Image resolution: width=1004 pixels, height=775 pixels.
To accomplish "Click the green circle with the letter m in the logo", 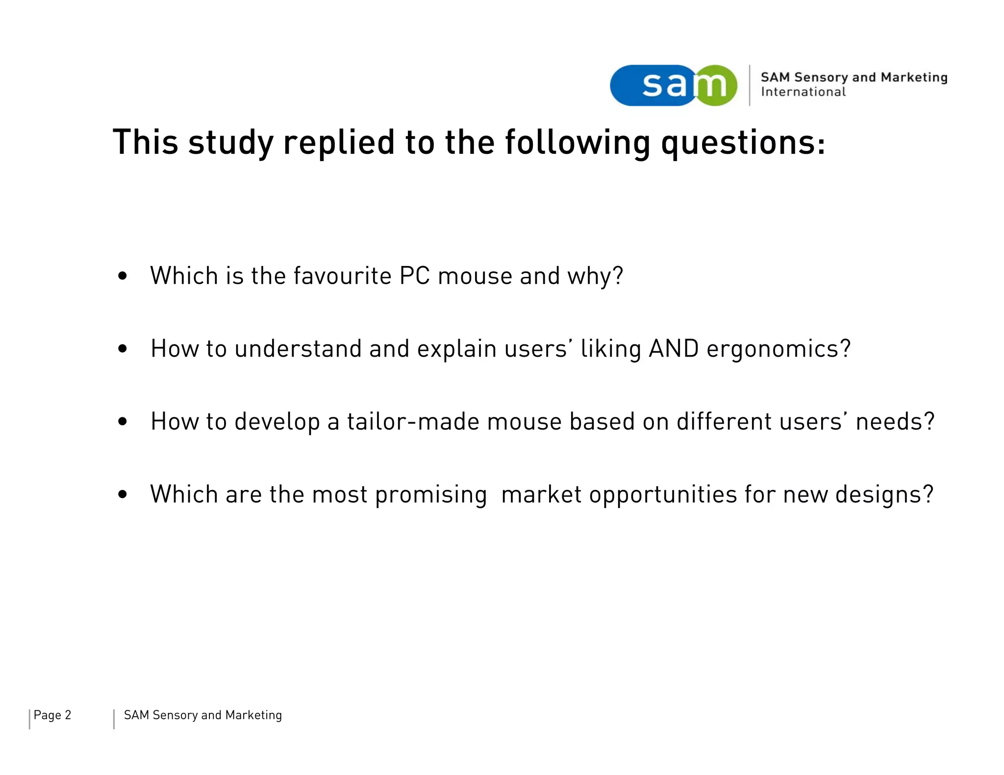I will (716, 85).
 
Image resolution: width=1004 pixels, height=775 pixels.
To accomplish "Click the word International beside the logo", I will (803, 92).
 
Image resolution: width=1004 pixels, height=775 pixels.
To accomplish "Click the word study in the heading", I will (230, 143).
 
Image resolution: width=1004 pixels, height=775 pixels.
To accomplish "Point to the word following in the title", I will (577, 143).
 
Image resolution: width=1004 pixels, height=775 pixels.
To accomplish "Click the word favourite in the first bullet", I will (342, 276).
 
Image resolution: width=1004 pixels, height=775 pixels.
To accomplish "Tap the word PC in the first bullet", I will (414, 276).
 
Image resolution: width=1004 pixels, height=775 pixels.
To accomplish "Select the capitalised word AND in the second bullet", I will (673, 349).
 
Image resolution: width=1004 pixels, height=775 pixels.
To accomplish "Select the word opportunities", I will (663, 495).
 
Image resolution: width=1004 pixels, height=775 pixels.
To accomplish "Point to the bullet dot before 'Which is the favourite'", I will (123, 276).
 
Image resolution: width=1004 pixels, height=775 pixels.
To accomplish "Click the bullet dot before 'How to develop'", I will (123, 421).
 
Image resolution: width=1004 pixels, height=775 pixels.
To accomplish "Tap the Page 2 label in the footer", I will (52, 715).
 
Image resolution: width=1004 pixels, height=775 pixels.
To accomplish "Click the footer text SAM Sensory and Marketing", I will (202, 715).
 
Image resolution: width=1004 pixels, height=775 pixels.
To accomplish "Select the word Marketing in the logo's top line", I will (914, 77).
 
